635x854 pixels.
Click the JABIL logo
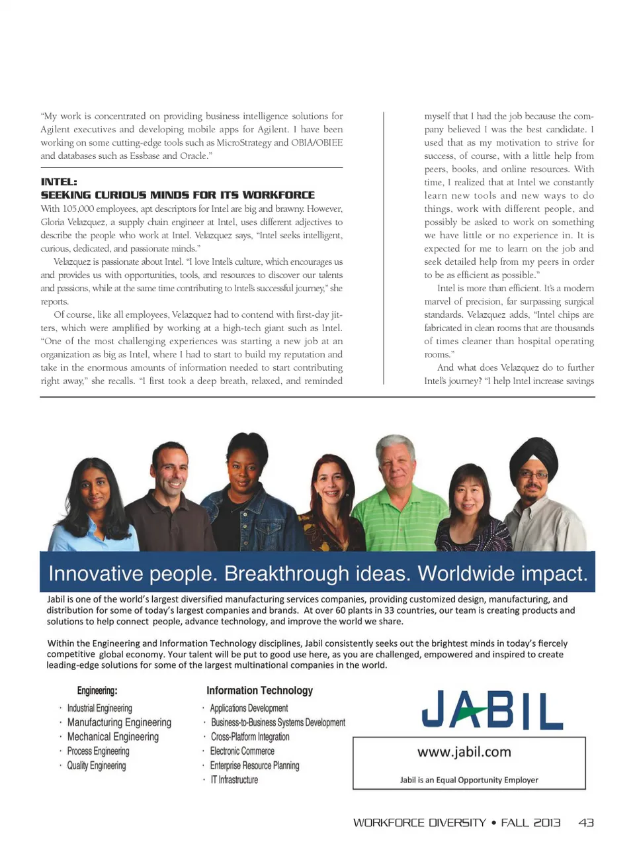tap(492, 710)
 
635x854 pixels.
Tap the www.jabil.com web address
tap(464, 752)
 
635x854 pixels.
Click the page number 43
tap(585, 823)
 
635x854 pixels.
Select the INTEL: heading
tap(59, 182)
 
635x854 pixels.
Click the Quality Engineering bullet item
tap(96, 766)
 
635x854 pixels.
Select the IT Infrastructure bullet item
tap(234, 780)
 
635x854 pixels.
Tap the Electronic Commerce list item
tap(242, 751)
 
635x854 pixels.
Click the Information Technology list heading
tap(259, 690)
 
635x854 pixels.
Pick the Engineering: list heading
tap(97, 691)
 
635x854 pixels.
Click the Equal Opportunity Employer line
tap(469, 781)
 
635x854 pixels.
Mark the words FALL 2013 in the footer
tap(530, 823)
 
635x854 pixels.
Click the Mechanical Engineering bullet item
tap(112, 737)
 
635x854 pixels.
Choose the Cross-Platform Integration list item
tap(250, 737)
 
